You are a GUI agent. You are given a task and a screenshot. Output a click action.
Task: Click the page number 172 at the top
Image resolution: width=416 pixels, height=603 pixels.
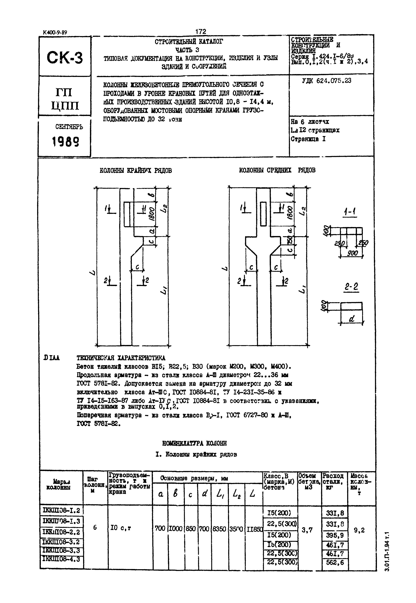[201, 32]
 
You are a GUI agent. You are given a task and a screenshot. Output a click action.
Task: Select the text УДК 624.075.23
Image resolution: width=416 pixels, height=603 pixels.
[326, 81]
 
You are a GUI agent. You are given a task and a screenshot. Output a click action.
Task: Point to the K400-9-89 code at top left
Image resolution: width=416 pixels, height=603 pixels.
[55, 33]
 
